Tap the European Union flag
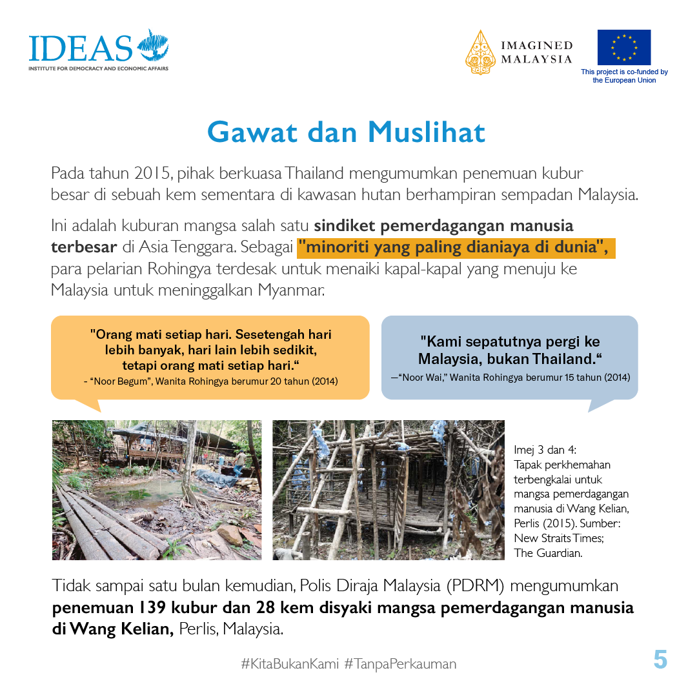click(x=623, y=47)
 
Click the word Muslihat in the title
click(x=426, y=132)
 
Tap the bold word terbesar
click(x=84, y=248)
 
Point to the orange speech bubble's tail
click(x=90, y=405)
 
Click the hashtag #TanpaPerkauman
click(x=400, y=663)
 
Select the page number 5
click(x=660, y=660)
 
